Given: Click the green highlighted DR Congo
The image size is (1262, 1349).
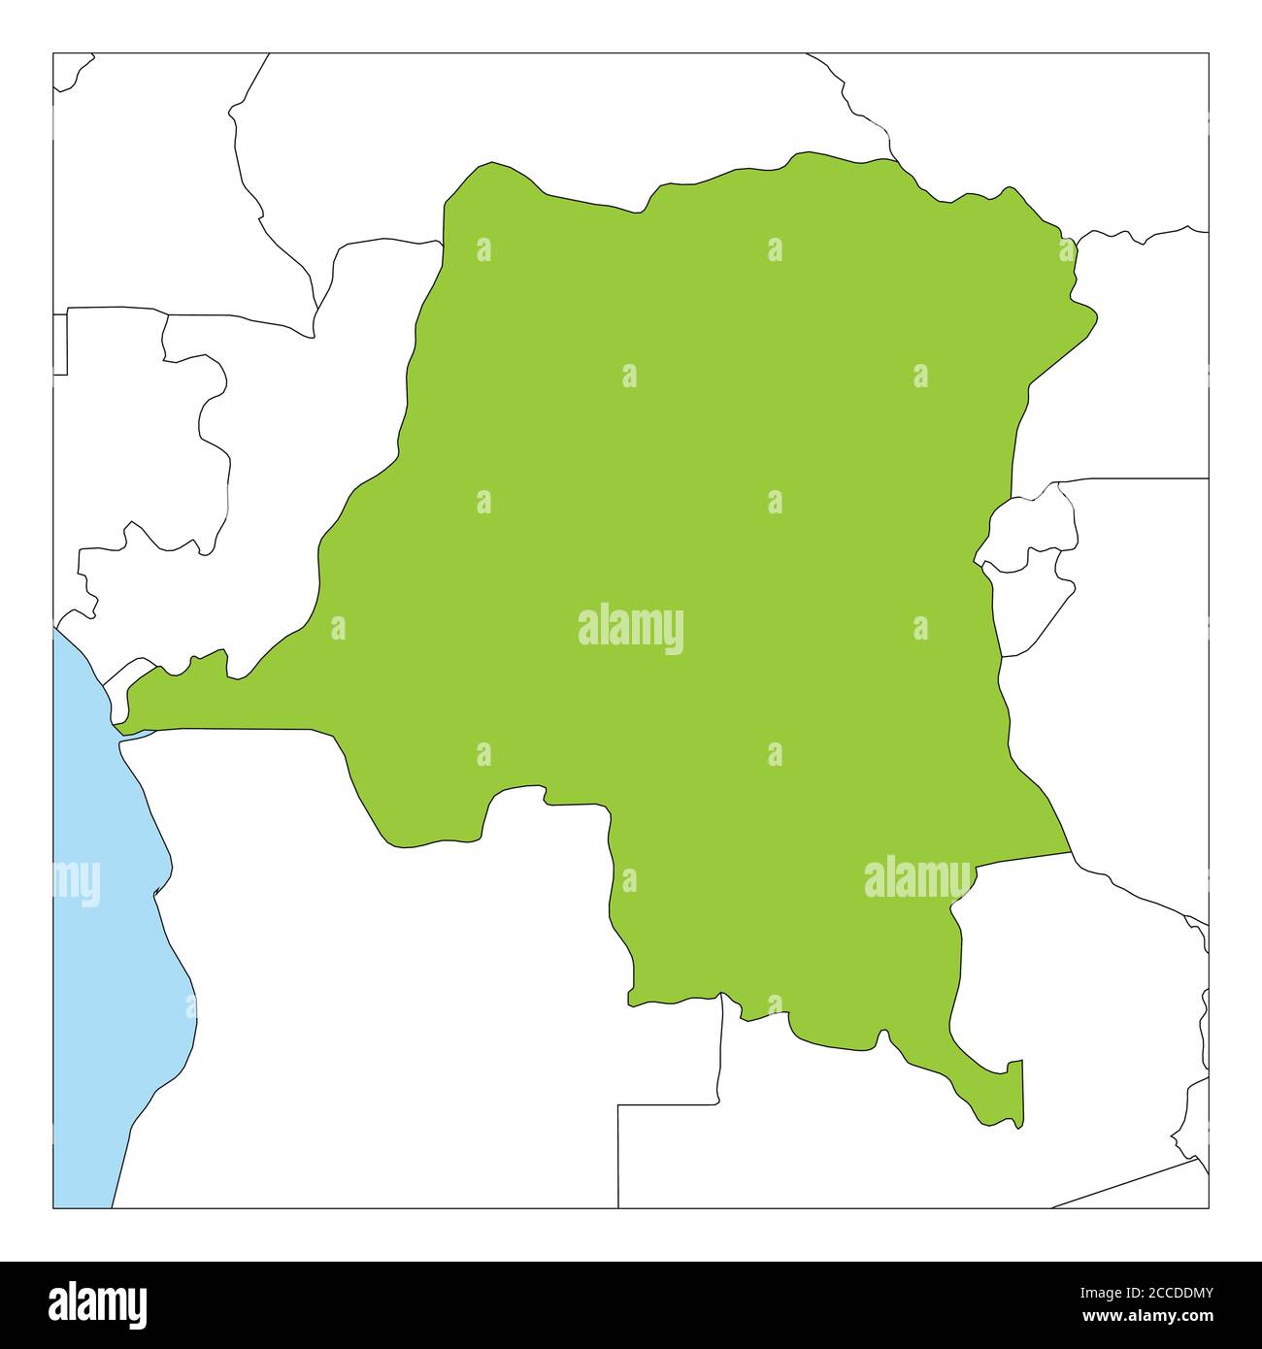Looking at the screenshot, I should [x=680, y=485].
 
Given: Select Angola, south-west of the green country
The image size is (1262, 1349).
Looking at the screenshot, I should [x=388, y=971].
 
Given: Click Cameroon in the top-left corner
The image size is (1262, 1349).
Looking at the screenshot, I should [x=146, y=175].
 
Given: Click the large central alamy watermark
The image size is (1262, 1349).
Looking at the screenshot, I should [x=631, y=629].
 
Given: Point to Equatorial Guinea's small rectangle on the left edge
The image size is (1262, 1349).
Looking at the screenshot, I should [x=59, y=344].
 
